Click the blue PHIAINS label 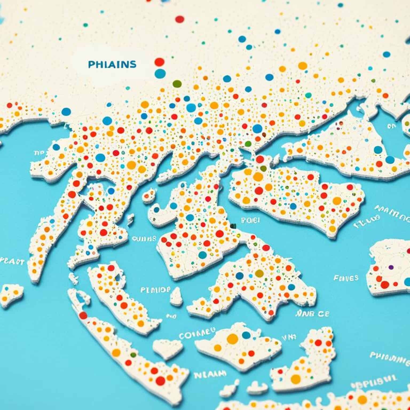[x=112, y=64]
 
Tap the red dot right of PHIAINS [x=159, y=62]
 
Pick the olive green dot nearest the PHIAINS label [x=177, y=84]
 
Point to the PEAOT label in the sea [x=12, y=261]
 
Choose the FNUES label [x=346, y=278]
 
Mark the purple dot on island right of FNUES [x=391, y=267]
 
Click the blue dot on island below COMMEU [x=245, y=335]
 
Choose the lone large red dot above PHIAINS [x=180, y=19]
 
